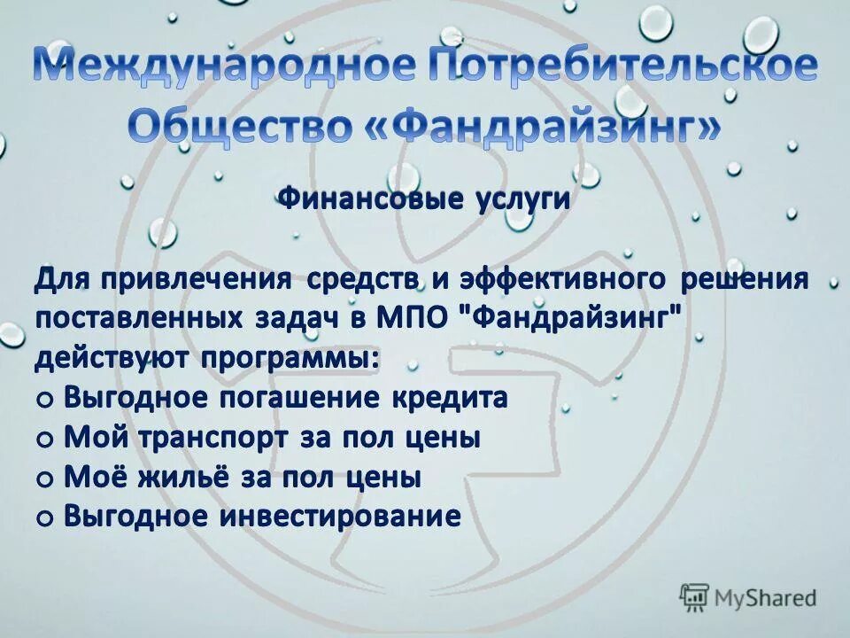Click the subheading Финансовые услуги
[x=425, y=199]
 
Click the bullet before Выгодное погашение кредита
[x=45, y=400]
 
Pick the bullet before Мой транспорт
[x=45, y=440]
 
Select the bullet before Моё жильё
[x=45, y=479]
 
